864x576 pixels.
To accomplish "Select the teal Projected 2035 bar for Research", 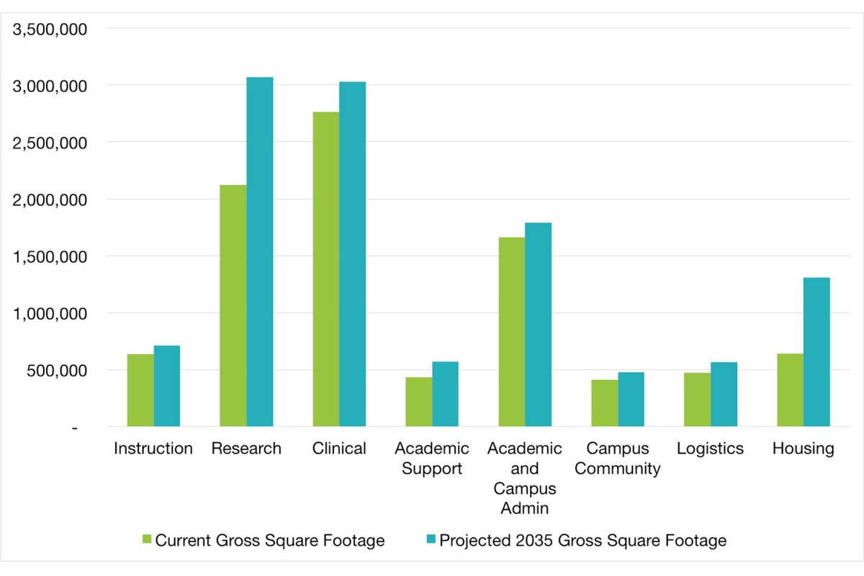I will coord(260,251).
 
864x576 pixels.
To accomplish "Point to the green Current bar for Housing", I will coord(791,390).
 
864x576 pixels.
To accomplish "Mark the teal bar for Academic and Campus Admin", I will coord(538,324).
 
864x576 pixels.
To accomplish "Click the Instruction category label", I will coord(153,449).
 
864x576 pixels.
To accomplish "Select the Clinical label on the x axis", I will coord(339,449).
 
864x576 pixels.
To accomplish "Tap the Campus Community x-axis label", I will coord(618,459).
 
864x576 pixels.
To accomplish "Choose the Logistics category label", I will coord(710,449).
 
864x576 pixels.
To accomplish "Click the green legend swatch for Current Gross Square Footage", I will coord(147,540).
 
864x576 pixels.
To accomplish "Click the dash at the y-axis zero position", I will coord(74,428).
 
